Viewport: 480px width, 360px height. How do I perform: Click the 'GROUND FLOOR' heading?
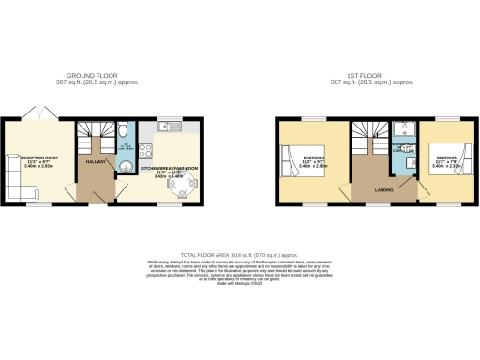[x=90, y=75]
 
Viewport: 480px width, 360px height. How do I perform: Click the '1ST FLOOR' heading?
[x=373, y=75]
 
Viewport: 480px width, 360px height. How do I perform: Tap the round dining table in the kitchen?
[x=184, y=185]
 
